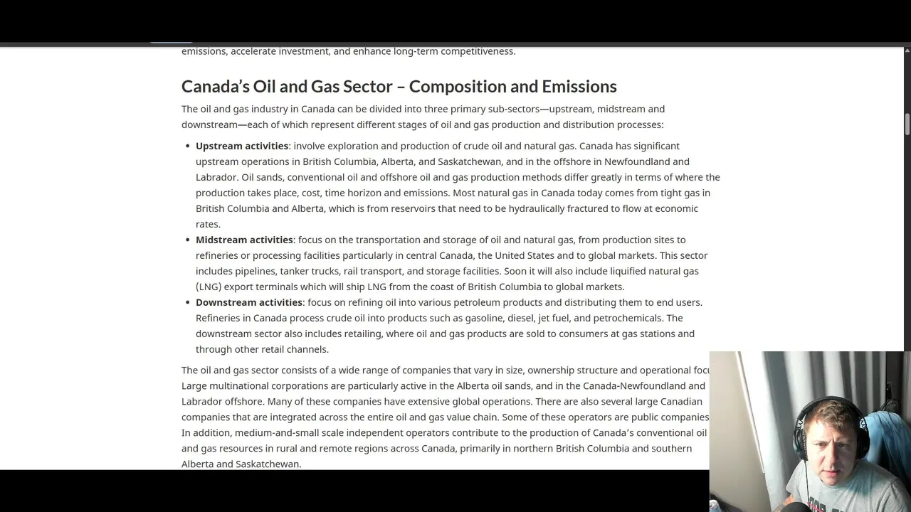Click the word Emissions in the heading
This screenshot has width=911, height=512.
coord(579,87)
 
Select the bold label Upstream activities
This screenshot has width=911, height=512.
coord(242,146)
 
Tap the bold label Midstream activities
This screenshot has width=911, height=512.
coord(244,240)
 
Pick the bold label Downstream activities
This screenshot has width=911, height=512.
coord(249,302)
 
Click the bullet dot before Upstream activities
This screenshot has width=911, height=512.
coord(189,146)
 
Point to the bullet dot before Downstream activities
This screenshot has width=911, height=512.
coord(189,303)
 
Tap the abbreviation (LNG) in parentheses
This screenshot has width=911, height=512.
coord(209,287)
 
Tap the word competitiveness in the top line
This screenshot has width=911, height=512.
coord(478,51)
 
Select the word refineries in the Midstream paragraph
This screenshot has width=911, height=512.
coord(217,255)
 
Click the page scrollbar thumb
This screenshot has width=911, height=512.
coord(907,124)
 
